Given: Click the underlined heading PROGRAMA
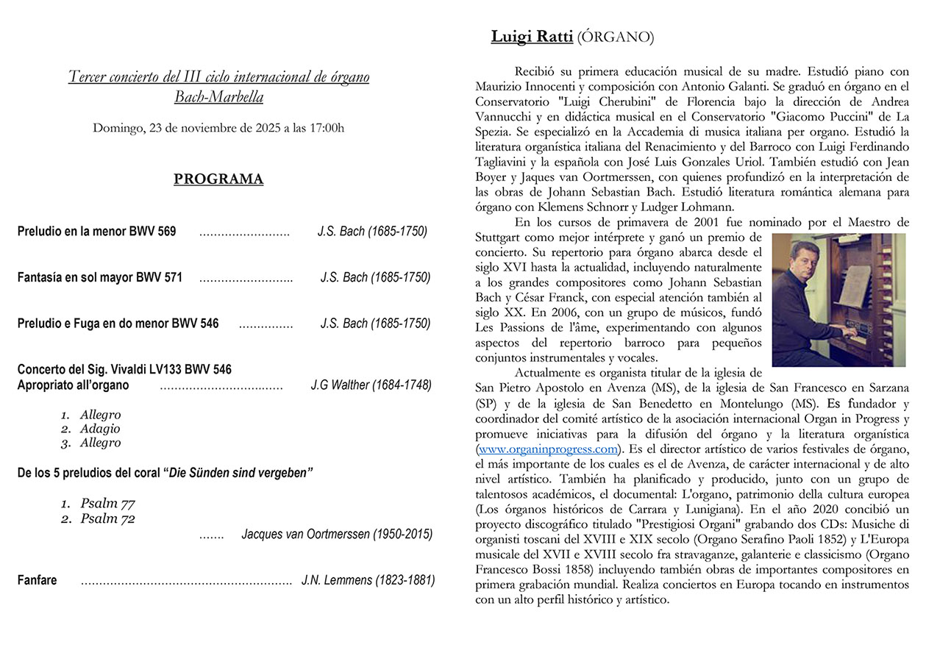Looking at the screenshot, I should tap(218, 179).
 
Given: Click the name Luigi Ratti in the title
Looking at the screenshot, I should tap(532, 37).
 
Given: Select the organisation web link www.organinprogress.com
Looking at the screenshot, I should tap(547, 449).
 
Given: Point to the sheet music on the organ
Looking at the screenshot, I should tap(856, 285).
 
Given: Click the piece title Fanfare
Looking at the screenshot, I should tap(38, 580).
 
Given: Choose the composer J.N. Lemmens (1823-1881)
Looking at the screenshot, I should tap(368, 580).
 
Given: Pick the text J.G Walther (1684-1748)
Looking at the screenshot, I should tap(371, 385).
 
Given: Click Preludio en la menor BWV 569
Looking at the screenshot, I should tap(97, 232).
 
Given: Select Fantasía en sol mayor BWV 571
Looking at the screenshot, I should tap(100, 278).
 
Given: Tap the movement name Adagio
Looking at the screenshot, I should tap(100, 429).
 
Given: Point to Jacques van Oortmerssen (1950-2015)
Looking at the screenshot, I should tap(337, 535).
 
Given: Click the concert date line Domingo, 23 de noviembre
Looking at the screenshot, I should tap(218, 128).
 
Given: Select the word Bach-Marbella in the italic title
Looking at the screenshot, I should tap(218, 96).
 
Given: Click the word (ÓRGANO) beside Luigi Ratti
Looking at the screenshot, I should tap(616, 37).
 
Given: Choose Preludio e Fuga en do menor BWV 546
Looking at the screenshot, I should tap(118, 324).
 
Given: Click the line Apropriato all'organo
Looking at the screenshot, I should tap(74, 385).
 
